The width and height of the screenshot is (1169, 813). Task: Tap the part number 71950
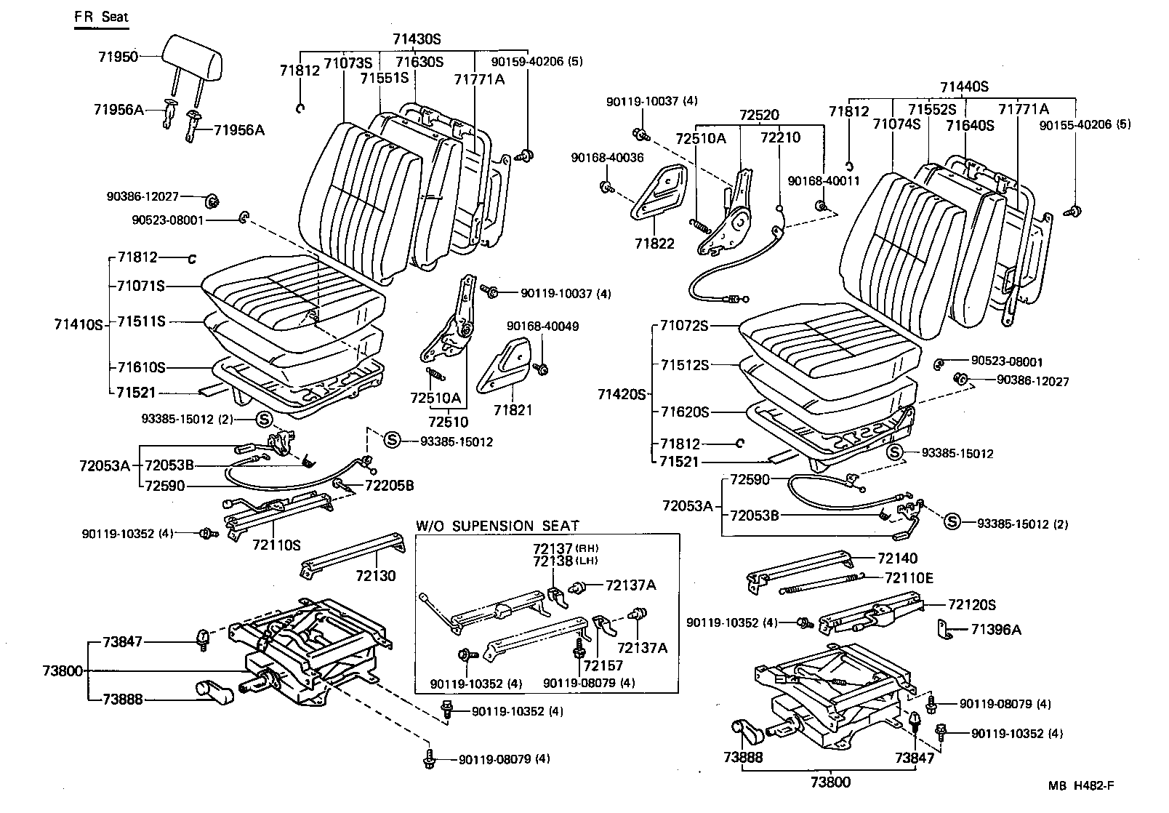click(117, 56)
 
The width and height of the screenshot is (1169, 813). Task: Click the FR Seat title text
click(101, 17)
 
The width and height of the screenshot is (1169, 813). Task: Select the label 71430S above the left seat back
click(417, 39)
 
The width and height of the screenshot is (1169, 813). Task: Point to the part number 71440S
click(964, 87)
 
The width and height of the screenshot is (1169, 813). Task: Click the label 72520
click(759, 115)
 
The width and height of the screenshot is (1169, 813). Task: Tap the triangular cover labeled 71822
click(658, 193)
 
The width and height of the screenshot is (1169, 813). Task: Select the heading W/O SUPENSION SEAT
click(498, 525)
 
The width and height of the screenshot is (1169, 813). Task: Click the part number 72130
click(376, 576)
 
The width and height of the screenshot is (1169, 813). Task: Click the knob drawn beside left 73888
click(213, 692)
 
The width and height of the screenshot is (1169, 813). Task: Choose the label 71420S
click(622, 394)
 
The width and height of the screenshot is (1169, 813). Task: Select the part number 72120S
click(971, 604)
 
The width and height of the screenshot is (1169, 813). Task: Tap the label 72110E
click(909, 578)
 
